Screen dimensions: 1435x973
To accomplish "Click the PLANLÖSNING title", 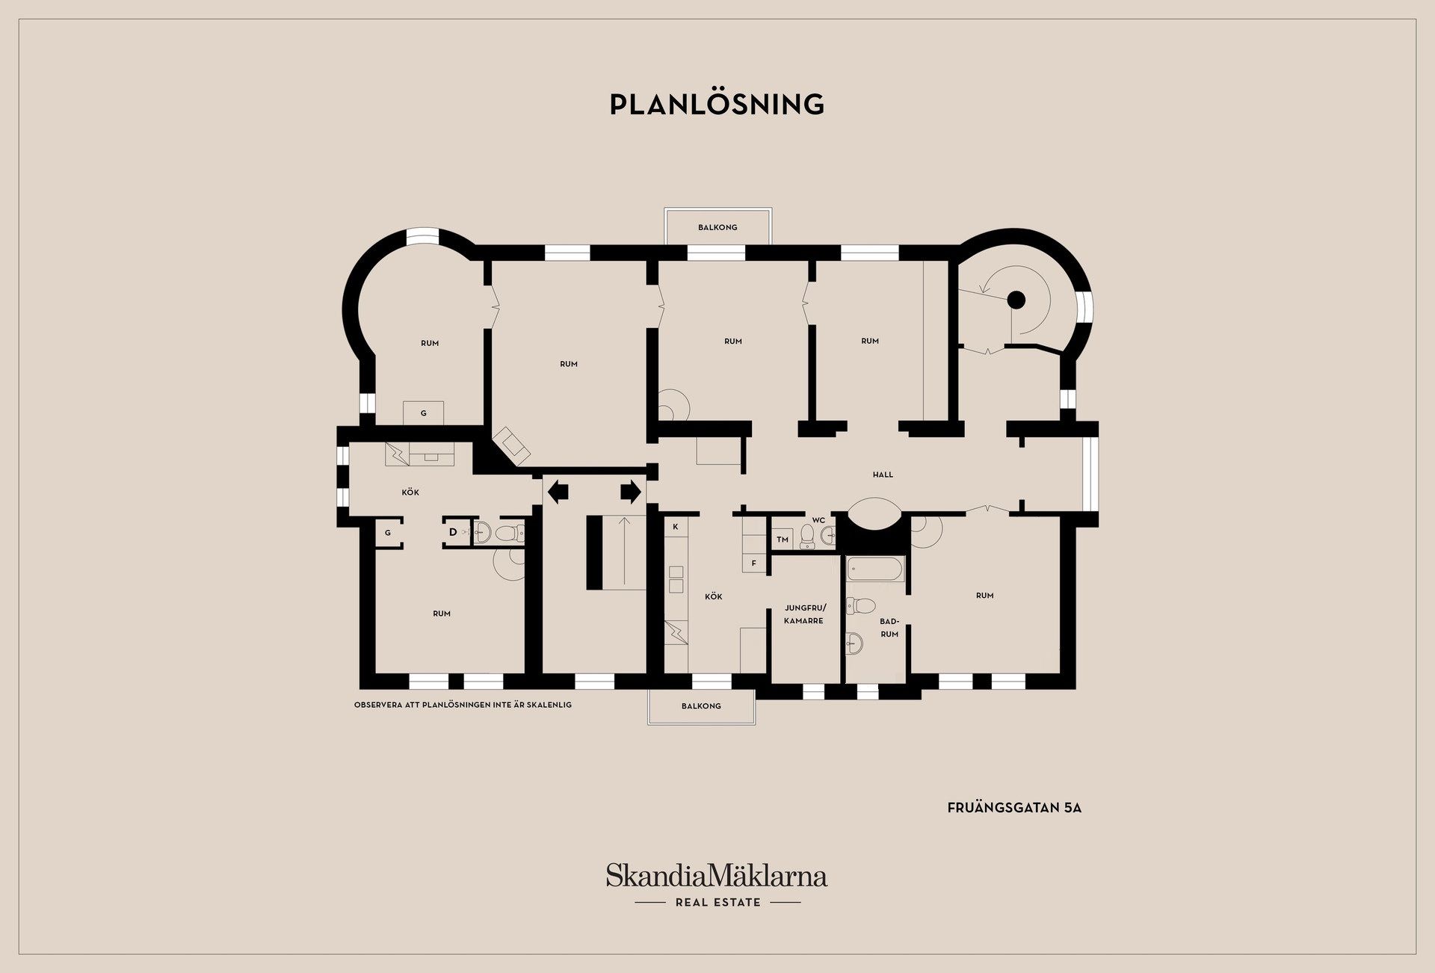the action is click(x=717, y=105).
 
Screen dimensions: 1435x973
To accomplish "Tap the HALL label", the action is click(x=883, y=475).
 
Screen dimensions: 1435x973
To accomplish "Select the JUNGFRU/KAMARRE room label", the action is click(x=805, y=614).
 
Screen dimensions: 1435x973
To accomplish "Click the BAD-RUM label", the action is click(x=889, y=628).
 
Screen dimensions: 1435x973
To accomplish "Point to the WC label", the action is click(x=818, y=520).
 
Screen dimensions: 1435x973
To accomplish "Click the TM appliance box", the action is click(x=783, y=540).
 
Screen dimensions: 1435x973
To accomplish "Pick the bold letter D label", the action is click(x=453, y=532).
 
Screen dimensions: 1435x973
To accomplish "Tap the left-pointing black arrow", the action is click(x=558, y=492).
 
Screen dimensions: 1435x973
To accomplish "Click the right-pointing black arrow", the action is click(x=631, y=492).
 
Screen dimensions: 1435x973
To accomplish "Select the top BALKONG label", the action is click(x=717, y=227).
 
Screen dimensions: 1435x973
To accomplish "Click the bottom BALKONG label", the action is click(x=701, y=705).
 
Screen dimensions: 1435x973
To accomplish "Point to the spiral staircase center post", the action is click(x=1016, y=300).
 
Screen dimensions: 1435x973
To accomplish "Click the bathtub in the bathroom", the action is click(x=875, y=569).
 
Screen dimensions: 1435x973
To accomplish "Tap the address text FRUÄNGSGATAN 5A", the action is click(x=1014, y=808).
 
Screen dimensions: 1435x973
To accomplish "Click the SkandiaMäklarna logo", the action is click(x=717, y=875).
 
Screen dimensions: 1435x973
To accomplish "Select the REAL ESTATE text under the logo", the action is click(x=718, y=903).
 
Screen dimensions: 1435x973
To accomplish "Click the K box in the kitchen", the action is click(x=676, y=527).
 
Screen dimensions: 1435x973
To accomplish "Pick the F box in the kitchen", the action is click(x=754, y=563).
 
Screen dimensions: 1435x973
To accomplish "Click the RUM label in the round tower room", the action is click(x=430, y=344).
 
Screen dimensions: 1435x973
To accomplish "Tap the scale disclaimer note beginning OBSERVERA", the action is click(x=463, y=705).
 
